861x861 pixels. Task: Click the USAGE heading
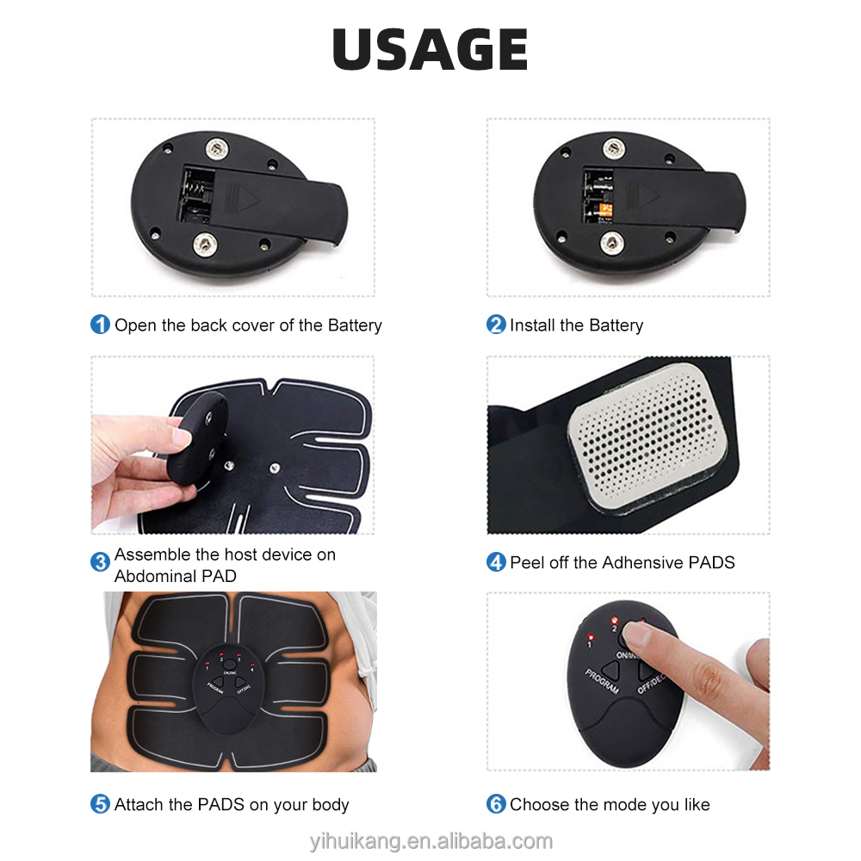coord(430,50)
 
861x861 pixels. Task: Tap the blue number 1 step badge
coord(101,325)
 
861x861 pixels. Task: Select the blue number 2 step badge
coord(496,325)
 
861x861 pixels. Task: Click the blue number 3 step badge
coord(101,563)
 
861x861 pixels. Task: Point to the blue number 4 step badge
coord(496,563)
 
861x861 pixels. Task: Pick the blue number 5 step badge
coord(101,805)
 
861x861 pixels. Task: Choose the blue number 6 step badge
coord(496,805)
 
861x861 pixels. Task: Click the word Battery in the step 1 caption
coord(354,325)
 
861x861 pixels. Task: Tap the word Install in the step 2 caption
coord(532,325)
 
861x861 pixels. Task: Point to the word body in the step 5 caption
coord(330,805)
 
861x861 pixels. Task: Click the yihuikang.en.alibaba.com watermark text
coord(430,841)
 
